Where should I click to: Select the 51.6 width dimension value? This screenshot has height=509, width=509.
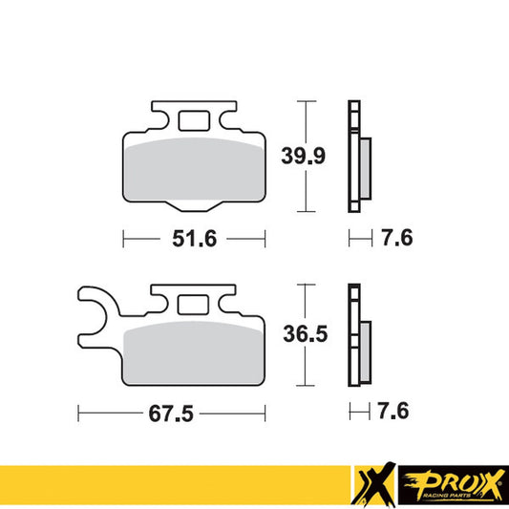(x=194, y=239)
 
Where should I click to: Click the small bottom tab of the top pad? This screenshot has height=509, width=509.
(x=194, y=207)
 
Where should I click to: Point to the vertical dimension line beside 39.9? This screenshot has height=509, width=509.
(x=304, y=156)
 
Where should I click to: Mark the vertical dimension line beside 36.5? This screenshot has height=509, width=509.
(x=304, y=334)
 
